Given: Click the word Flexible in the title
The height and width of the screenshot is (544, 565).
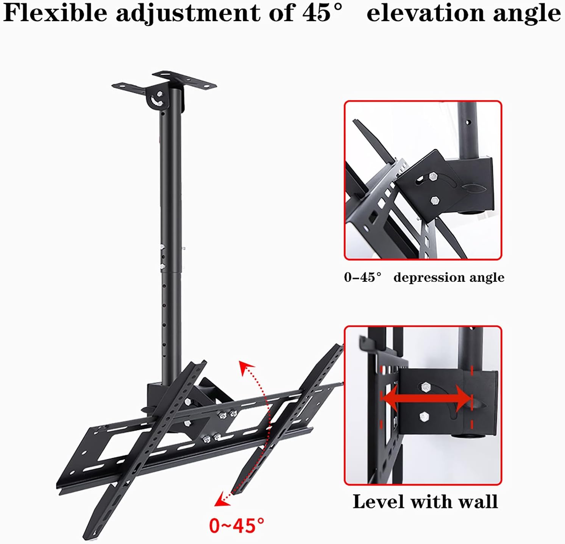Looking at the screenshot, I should [x=55, y=13].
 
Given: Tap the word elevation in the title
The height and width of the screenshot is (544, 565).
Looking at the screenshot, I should [x=426, y=13].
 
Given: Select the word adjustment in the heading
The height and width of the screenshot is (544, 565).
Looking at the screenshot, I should [x=188, y=14].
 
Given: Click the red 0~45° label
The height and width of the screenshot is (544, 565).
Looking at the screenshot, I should [x=237, y=525].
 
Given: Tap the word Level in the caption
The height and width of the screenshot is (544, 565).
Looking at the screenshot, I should [x=379, y=502].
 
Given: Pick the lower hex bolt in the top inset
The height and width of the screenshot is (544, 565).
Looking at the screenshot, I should [x=435, y=200].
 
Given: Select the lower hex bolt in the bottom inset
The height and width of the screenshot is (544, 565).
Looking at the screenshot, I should [x=424, y=417].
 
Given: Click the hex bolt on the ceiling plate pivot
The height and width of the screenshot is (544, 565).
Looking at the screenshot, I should [x=159, y=94].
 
